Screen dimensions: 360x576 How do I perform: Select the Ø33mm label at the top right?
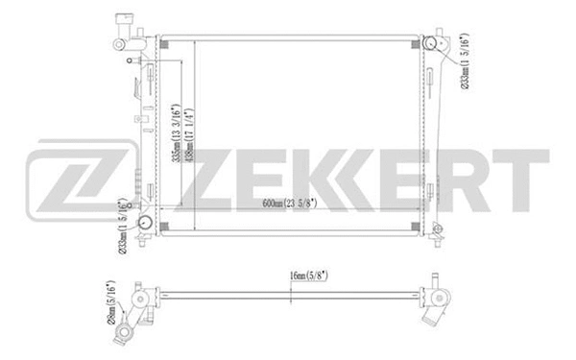coord(464,62)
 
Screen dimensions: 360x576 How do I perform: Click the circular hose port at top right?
coord(433,46)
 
